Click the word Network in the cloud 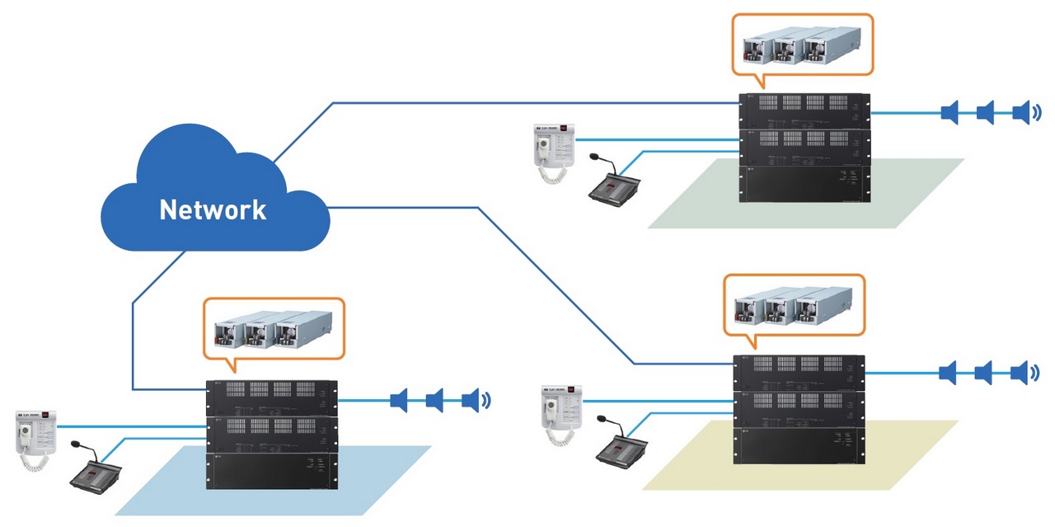click(x=213, y=209)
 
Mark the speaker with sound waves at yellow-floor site click(x=1020, y=373)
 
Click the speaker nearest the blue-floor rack click(x=400, y=401)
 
